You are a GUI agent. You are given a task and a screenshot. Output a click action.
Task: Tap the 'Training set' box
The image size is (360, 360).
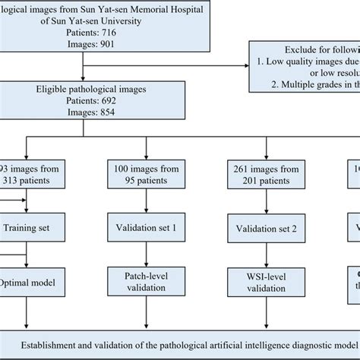(28, 226)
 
